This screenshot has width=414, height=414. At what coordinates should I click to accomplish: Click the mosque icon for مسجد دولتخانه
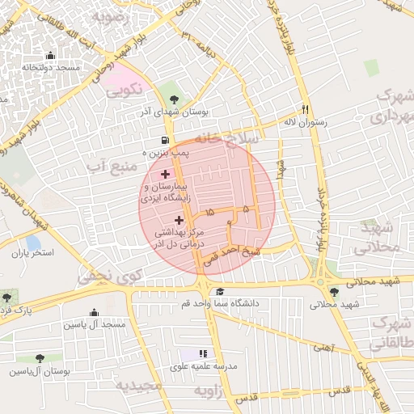coord(52,56)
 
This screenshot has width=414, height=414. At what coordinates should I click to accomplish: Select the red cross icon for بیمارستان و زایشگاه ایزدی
coord(165,174)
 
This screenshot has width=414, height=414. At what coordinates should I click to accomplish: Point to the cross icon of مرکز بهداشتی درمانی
coord(179,219)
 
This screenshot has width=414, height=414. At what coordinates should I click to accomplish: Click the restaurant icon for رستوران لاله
coord(305,109)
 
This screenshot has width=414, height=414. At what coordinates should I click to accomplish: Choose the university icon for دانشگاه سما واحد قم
coord(220,292)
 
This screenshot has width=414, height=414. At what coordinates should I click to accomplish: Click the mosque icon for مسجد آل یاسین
coord(95,313)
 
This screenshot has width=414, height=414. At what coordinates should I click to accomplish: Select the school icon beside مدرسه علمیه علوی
coord(203,354)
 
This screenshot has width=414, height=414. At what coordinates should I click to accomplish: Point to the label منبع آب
coord(110,167)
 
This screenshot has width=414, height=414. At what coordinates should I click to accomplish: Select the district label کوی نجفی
coord(102,276)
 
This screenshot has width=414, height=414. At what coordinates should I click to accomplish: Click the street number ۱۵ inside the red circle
coord(211,212)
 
